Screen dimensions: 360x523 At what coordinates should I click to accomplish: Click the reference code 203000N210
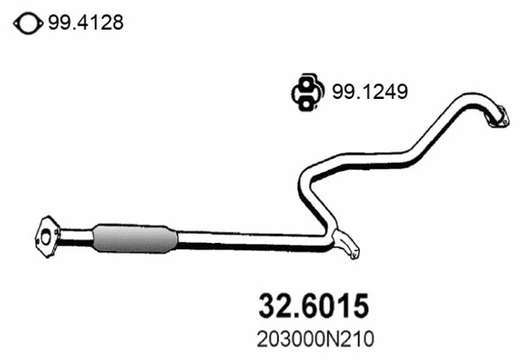click(x=307, y=339)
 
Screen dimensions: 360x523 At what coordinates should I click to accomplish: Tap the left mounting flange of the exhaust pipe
click(x=46, y=232)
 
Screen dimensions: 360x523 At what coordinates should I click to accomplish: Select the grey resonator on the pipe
click(x=132, y=237)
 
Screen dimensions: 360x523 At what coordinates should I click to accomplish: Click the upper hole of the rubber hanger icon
click(x=308, y=85)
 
